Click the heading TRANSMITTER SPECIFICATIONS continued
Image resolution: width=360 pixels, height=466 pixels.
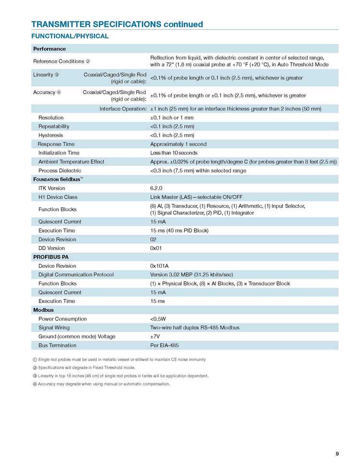[x=117, y=24]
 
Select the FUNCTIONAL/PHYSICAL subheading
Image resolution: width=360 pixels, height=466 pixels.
[x=70, y=36]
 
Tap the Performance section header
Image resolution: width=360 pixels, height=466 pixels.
[x=49, y=49]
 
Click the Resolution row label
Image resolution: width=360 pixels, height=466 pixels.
[x=51, y=118]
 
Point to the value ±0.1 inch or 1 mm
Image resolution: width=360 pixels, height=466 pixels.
[x=172, y=118]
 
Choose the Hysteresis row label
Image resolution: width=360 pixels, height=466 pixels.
[x=51, y=135]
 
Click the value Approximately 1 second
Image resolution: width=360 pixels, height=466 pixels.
[x=178, y=144]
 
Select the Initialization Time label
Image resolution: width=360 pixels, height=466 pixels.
[x=59, y=153]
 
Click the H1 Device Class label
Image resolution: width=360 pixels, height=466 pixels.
[x=58, y=197]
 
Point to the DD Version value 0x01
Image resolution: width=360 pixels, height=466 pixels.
[x=156, y=248]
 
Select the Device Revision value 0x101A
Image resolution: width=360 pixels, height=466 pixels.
[x=160, y=266]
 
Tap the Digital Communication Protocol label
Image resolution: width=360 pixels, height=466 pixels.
[x=76, y=275]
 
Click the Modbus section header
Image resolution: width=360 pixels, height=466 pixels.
[x=44, y=310]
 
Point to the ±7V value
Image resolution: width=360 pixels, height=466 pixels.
[x=155, y=336]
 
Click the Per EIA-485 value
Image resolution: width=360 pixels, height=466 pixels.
[x=165, y=345]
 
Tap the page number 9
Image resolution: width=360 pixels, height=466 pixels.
[x=337, y=454]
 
